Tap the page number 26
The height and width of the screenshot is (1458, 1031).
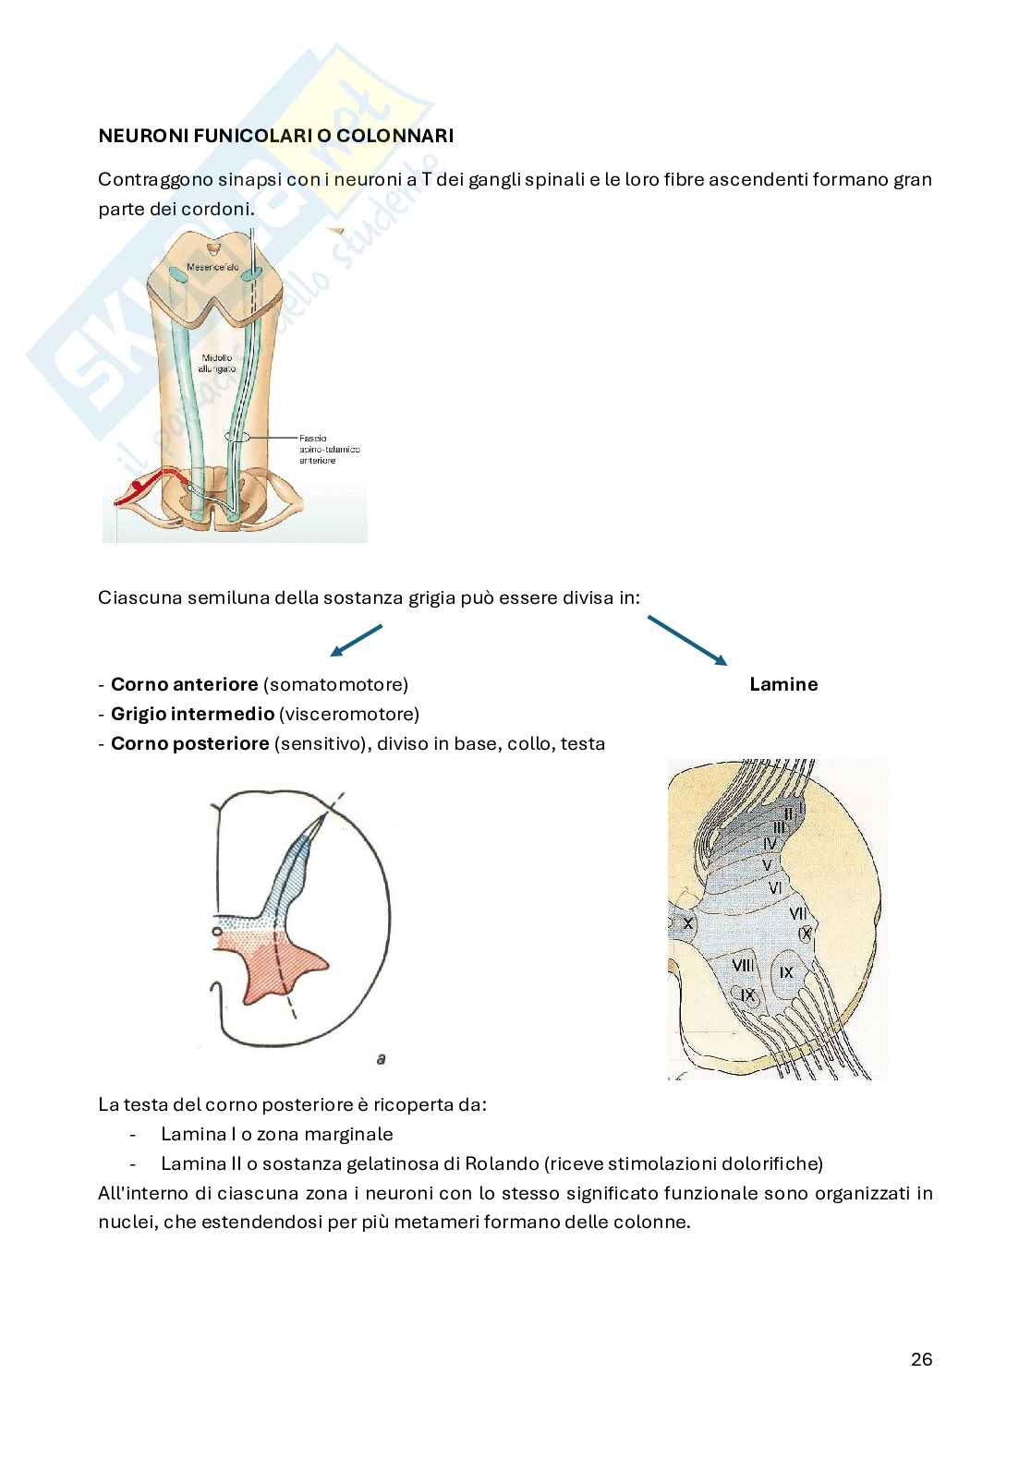921,1358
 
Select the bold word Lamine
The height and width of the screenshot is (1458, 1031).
783,684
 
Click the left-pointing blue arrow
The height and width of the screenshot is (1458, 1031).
356,640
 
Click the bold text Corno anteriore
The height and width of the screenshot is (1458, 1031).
184,684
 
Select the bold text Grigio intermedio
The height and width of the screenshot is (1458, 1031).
192,714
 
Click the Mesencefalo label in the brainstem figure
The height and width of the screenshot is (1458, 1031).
213,267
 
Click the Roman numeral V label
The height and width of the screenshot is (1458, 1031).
766,864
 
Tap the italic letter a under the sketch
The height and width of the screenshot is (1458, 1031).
381,1059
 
